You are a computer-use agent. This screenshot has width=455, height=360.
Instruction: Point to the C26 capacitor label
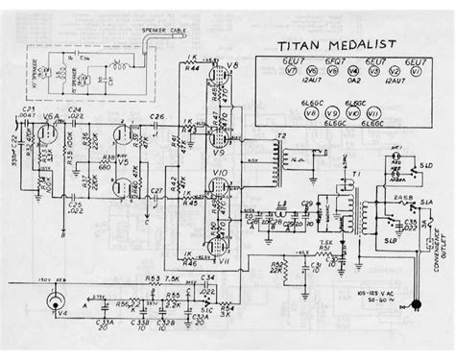156,118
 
